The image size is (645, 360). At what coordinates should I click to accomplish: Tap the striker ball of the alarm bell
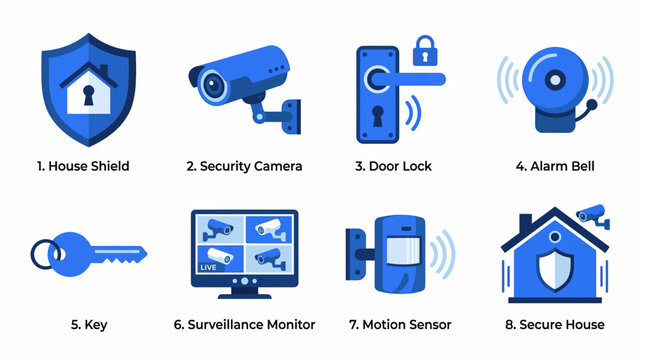pyautogui.click(x=593, y=103)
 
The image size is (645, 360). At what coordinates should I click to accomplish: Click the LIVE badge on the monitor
pyautogui.click(x=210, y=268)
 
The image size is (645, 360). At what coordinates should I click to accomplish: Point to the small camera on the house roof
pyautogui.click(x=591, y=214)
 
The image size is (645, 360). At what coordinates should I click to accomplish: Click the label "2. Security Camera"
pyautogui.click(x=244, y=166)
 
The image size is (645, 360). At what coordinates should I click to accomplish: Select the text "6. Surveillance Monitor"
pyautogui.click(x=244, y=324)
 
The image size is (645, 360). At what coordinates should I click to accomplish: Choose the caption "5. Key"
pyautogui.click(x=84, y=324)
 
